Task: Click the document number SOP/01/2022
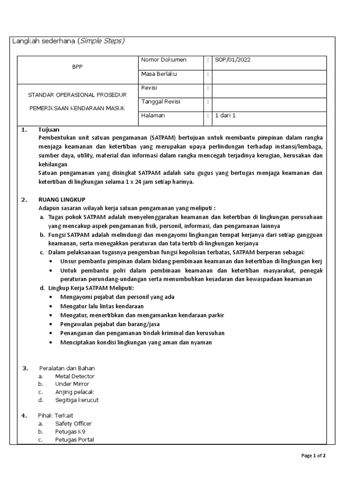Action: pyautogui.click(x=233, y=60)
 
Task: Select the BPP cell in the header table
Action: pyautogui.click(x=77, y=67)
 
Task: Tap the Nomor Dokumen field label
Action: pyautogui.click(x=164, y=60)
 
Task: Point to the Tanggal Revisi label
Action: pyautogui.click(x=160, y=102)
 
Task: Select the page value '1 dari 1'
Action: pyautogui.click(x=225, y=116)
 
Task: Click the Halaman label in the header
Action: pyautogui.click(x=153, y=116)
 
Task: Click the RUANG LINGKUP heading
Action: pyautogui.click(x=62, y=200)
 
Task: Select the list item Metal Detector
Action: pyautogui.click(x=75, y=376)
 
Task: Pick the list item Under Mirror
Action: pyautogui.click(x=72, y=384)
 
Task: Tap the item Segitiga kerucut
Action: pyautogui.click(x=77, y=400)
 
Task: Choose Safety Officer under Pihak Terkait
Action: pyautogui.click(x=73, y=424)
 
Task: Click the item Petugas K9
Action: pyautogui.click(x=70, y=432)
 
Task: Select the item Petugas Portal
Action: pyautogui.click(x=75, y=440)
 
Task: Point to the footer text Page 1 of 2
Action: pyautogui.click(x=313, y=456)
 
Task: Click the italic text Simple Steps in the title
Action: pyautogui.click(x=102, y=41)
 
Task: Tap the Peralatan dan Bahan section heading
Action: pyautogui.click(x=67, y=368)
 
